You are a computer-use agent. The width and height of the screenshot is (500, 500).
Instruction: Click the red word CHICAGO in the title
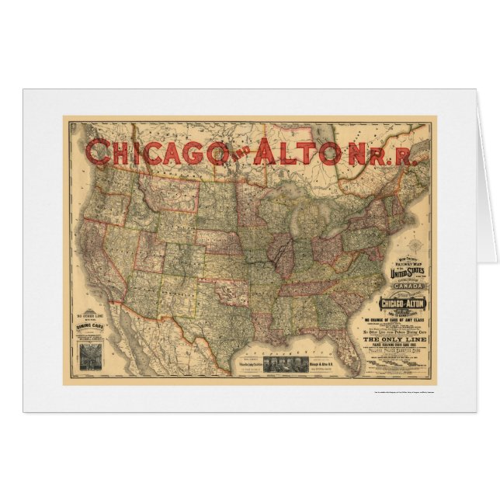tap(148, 152)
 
